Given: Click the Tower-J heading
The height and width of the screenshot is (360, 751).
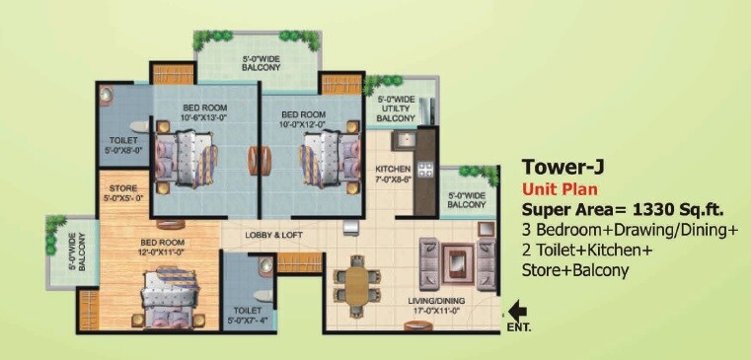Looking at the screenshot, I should pyautogui.click(x=560, y=167).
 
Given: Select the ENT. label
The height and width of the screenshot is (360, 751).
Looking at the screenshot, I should pyautogui.click(x=518, y=326).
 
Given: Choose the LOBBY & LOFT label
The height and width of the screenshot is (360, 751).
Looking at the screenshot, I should pyautogui.click(x=273, y=235).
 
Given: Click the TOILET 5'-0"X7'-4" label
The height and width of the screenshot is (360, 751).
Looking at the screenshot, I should pyautogui.click(x=242, y=316).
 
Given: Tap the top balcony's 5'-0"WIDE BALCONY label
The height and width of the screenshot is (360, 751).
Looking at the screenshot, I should pyautogui.click(x=259, y=65).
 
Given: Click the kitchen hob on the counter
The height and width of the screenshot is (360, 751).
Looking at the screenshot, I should pyautogui.click(x=426, y=171).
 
